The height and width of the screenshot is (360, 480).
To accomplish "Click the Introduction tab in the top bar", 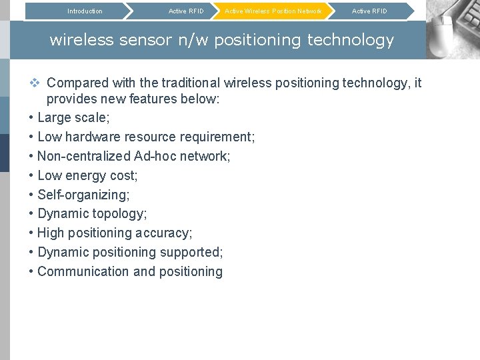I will (x=85, y=11).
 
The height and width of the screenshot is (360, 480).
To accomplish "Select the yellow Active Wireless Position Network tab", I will (x=273, y=11).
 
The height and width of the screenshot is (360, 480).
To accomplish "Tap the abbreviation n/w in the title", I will (x=193, y=40).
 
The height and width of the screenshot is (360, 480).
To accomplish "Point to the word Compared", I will (x=77, y=83).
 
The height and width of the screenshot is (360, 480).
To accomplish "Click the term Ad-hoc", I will (x=155, y=157).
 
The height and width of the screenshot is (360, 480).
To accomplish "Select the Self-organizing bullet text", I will (x=83, y=195).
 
